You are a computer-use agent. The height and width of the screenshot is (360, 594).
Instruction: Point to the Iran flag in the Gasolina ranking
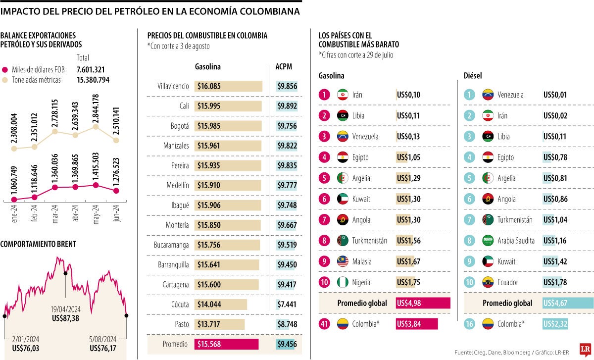[343, 95]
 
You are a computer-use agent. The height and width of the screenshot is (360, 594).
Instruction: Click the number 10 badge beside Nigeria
[324, 282]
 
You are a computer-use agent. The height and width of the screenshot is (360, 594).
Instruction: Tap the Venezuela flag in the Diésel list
[488, 95]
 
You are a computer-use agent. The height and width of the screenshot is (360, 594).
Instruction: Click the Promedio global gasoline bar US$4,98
[423, 303]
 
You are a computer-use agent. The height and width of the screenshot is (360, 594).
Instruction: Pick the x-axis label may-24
[97, 215]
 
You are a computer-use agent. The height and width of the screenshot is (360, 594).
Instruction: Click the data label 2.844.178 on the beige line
[96, 109]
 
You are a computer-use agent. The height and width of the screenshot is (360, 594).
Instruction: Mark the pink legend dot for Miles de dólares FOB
[6, 70]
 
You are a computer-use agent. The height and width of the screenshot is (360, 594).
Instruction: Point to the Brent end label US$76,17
[103, 349]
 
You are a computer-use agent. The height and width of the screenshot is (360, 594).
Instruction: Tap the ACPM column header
[284, 67]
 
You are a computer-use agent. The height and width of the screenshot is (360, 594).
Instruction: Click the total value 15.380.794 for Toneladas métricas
[93, 80]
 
